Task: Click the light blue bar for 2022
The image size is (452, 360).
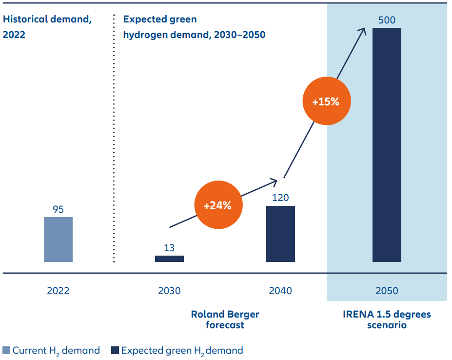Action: click(x=58, y=240)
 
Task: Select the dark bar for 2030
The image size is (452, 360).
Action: click(x=169, y=259)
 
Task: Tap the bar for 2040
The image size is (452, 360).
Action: click(x=280, y=234)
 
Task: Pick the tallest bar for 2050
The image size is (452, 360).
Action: click(x=387, y=145)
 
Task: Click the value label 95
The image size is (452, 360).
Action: click(x=58, y=210)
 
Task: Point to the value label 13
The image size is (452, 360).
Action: click(x=169, y=248)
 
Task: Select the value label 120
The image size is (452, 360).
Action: click(x=280, y=198)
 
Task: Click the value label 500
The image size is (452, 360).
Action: click(x=387, y=20)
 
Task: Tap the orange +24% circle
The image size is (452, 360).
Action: click(x=217, y=205)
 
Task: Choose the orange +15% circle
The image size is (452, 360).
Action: click(x=326, y=102)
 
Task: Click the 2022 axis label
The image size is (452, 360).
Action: click(x=58, y=291)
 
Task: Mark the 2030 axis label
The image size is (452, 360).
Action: click(x=169, y=291)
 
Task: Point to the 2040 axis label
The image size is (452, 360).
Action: click(x=280, y=291)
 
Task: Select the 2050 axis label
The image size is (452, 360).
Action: click(x=387, y=291)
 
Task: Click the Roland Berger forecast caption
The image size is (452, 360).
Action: click(x=225, y=320)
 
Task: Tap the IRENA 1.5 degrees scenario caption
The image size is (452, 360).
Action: click(x=387, y=320)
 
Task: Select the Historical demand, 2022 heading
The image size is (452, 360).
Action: click(x=47, y=27)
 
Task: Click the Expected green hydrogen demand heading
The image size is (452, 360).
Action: click(x=194, y=27)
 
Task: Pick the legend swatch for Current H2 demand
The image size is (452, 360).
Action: click(x=6, y=350)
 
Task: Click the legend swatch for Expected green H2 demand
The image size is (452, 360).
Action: click(x=115, y=350)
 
